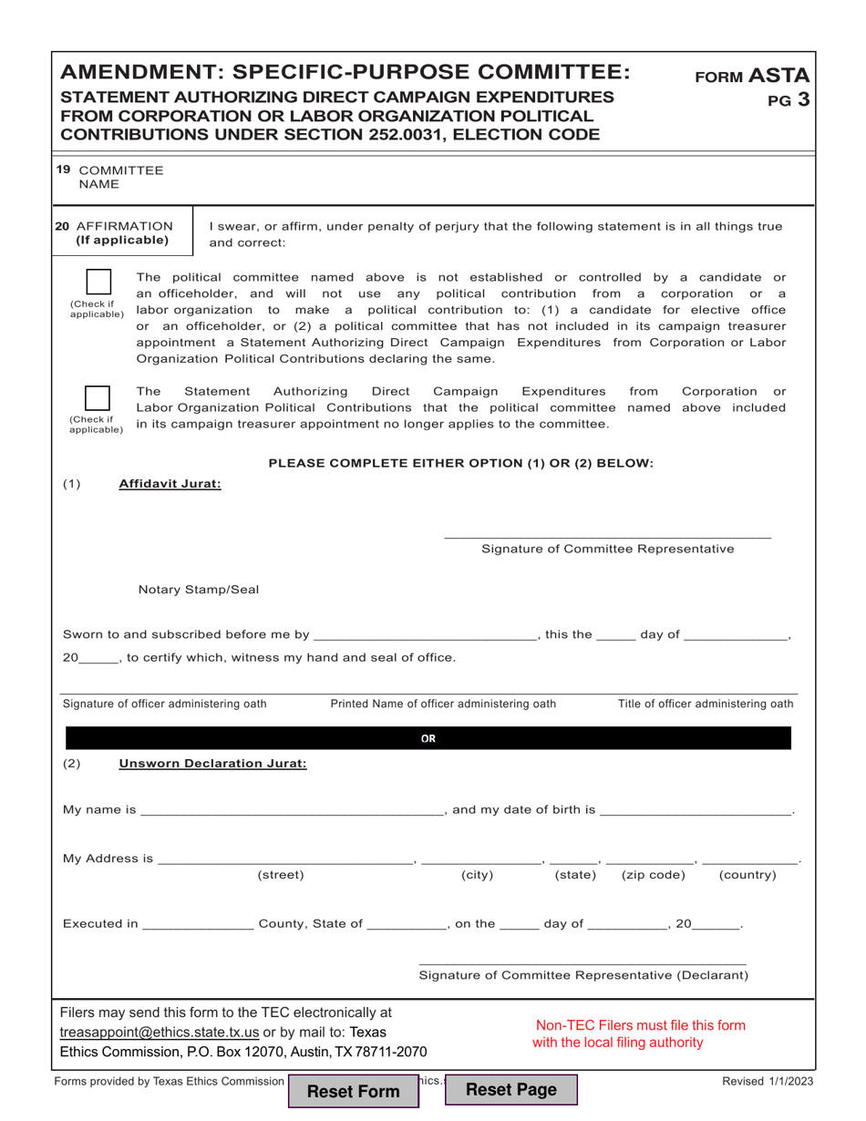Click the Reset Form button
353,1091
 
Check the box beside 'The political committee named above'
98,283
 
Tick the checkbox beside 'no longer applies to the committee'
98,399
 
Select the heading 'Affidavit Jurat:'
170,484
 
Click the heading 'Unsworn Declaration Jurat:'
212,764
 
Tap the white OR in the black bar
428,739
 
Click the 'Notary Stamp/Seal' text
198,590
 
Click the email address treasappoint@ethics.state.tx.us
160,1032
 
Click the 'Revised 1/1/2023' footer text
767,1081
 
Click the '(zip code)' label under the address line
653,875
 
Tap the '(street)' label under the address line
281,875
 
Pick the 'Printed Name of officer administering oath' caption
443,704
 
